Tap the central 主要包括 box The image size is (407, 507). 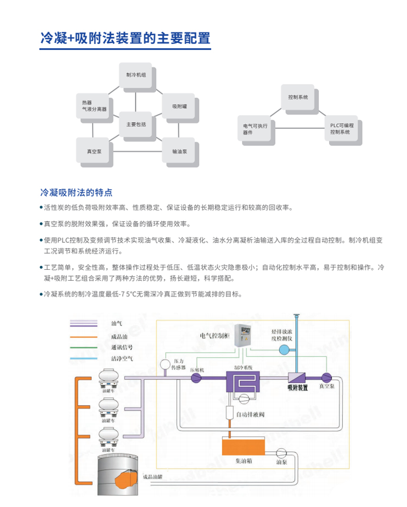point(136,124)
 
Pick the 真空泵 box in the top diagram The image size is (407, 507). point(93,151)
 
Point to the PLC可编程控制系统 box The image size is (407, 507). point(341,128)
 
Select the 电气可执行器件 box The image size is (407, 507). point(256,128)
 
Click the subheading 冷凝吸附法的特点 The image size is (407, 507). point(76,192)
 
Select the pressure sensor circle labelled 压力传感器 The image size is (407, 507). point(165,365)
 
